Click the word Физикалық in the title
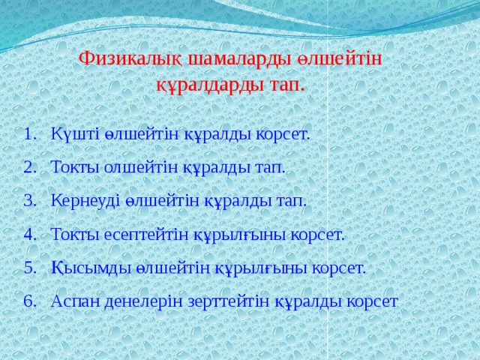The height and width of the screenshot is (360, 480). (123, 58)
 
